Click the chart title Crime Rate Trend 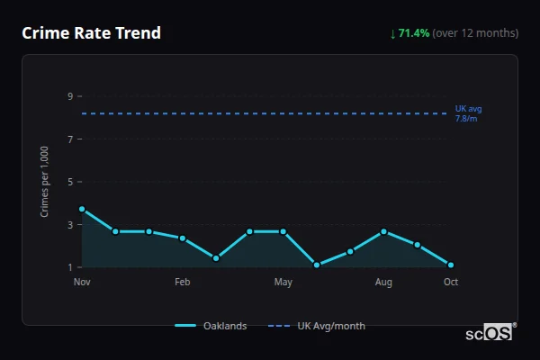coord(92,33)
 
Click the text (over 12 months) coord(475,33)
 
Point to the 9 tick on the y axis coord(69,96)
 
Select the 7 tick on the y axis coord(69,139)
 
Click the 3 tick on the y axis coord(69,225)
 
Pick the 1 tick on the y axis coord(69,267)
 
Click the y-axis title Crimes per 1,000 coord(45,182)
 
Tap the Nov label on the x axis coord(82,283)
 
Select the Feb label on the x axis coord(183,283)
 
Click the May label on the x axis coord(283,283)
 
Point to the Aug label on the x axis coord(383,283)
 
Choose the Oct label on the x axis coord(451,283)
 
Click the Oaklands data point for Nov coord(82,209)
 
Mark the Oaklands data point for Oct coord(451,265)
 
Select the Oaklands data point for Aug coord(383,231)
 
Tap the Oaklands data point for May coord(283,231)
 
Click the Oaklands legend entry coord(211,326)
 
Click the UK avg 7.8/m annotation coord(468,113)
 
